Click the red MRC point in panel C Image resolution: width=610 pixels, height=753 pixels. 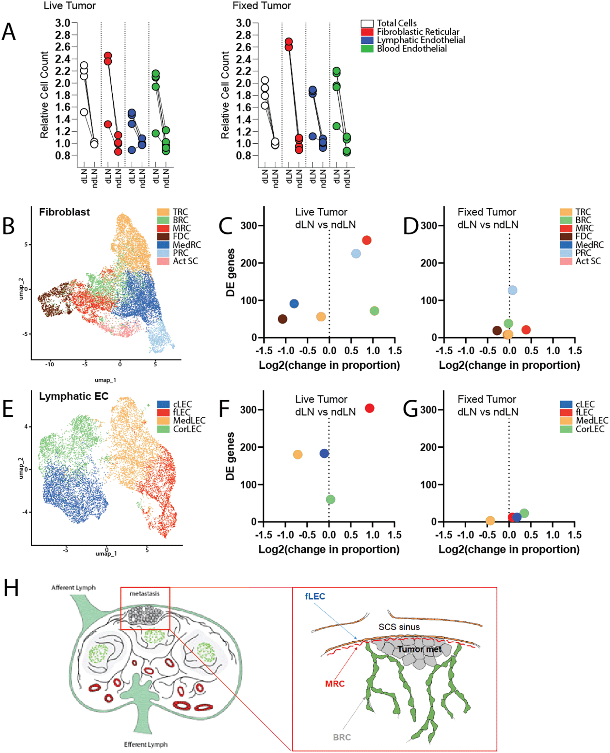[366, 240]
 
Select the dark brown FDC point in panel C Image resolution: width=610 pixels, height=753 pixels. [283, 319]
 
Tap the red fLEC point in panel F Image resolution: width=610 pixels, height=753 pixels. [369, 408]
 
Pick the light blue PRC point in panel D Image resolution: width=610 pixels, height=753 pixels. [512, 290]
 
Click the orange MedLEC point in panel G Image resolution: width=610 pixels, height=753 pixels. [490, 520]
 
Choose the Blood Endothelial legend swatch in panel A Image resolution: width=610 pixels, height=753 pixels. [367, 49]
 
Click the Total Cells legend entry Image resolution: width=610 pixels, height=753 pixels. [396, 23]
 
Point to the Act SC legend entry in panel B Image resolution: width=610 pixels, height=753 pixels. [185, 262]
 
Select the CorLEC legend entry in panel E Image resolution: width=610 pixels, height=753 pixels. [187, 429]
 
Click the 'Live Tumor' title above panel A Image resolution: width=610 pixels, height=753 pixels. [70, 6]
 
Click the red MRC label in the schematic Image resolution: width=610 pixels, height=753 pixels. [335, 683]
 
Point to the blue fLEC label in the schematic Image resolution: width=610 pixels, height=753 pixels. [315, 596]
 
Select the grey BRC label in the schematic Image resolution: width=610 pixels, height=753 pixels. [342, 737]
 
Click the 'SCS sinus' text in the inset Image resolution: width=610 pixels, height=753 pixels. [399, 627]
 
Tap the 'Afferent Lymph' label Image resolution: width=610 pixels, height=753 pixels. [73, 588]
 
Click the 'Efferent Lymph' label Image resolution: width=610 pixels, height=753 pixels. [145, 745]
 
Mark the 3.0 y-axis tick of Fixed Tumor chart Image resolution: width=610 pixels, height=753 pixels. [243, 23]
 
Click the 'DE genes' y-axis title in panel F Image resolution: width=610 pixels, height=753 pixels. [230, 456]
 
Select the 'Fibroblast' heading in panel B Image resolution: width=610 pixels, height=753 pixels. [64, 212]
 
